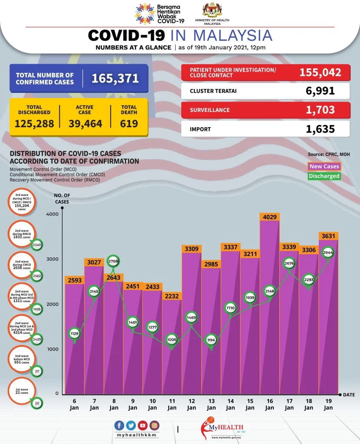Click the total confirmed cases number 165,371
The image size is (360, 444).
pyautogui.click(x=115, y=79)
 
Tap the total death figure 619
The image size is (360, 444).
pyautogui.click(x=129, y=124)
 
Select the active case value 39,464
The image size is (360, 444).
pyautogui.click(x=85, y=124)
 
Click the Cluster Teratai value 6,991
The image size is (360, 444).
pyautogui.click(x=320, y=91)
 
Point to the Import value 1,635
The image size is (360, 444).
pyautogui.click(x=320, y=129)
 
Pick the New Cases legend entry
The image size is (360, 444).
pyautogui.click(x=324, y=166)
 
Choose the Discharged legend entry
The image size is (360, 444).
pyautogui.click(x=324, y=176)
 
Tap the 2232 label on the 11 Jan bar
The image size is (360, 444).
pyautogui.click(x=172, y=296)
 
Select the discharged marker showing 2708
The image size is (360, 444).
pyautogui.click(x=114, y=262)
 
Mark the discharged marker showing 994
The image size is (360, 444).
pyautogui.click(x=211, y=340)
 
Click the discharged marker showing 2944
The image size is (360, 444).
pyautogui.click(x=327, y=252)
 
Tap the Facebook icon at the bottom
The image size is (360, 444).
pyautogui.click(x=119, y=426)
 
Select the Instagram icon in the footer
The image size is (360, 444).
pyautogui.click(x=154, y=426)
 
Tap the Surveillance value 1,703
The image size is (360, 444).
pyautogui.click(x=320, y=110)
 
